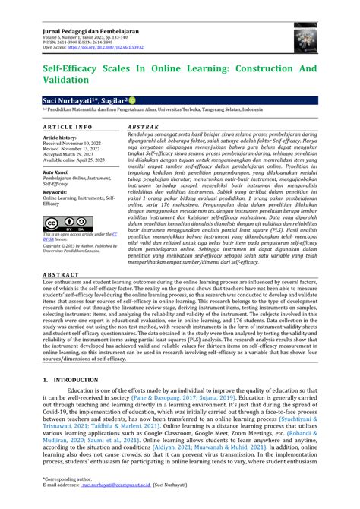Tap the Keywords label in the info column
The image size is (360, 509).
pos(56,193)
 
